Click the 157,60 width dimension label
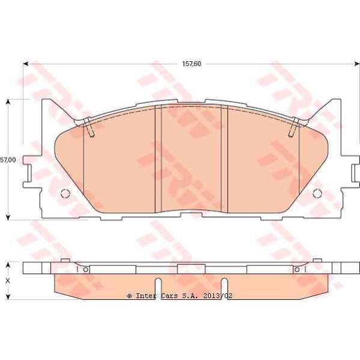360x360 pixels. [192, 64]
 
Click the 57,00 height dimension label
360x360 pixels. [8, 160]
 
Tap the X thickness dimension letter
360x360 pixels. [8, 281]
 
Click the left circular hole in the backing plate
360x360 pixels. [65, 194]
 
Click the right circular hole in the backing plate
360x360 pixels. [317, 194]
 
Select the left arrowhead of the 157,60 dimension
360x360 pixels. [25, 64]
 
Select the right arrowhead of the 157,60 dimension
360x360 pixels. [357, 64]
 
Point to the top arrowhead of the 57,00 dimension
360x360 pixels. [8, 102]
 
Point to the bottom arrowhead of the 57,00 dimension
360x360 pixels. [8, 218]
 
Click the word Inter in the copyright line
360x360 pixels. [146, 296]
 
